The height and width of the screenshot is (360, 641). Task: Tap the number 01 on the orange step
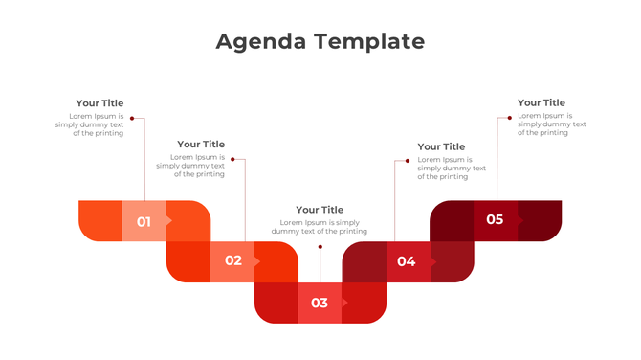[x=144, y=222]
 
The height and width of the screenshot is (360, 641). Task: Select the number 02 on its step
[x=233, y=260]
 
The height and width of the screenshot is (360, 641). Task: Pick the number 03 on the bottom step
[x=320, y=304]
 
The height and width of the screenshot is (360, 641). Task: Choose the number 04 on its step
[x=407, y=261]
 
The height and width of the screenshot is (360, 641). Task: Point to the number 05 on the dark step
[x=495, y=219]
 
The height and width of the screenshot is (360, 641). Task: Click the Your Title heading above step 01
[x=99, y=103]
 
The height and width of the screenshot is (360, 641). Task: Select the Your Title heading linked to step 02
[x=201, y=145]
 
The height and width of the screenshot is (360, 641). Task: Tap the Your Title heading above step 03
[x=320, y=210]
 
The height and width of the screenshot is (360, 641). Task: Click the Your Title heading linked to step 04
[x=441, y=146]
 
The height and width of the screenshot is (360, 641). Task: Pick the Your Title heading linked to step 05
[x=542, y=102]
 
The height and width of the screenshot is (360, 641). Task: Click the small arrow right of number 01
[x=169, y=221]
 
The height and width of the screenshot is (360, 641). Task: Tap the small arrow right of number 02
[x=256, y=260]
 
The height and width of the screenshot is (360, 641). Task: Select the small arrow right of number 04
[x=433, y=260]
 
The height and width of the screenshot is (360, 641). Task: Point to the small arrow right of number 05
[x=521, y=219]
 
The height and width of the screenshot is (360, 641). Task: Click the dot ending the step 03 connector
[x=320, y=246]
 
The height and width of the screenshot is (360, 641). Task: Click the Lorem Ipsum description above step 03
[x=320, y=227]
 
